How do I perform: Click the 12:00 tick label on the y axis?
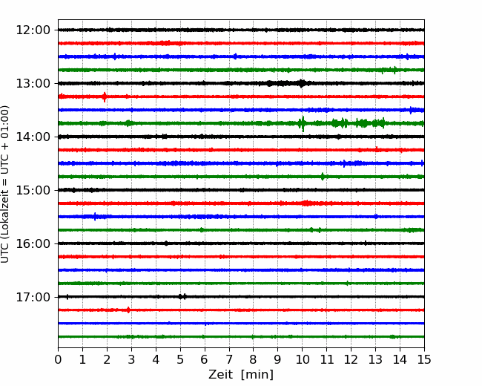(33, 30)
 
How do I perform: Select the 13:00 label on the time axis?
(33, 83)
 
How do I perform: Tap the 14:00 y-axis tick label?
(33, 137)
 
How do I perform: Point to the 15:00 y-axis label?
(33, 190)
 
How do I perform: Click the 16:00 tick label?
(33, 243)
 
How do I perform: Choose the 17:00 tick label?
(33, 297)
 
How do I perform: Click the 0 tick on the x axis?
(58, 359)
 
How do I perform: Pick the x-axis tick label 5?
(180, 359)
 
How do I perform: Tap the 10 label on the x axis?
(302, 359)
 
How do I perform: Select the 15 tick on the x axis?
(424, 359)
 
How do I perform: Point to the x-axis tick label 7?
(229, 359)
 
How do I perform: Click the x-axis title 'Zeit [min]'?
(241, 375)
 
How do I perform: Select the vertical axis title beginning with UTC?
(5, 184)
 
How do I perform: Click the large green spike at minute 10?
(303, 124)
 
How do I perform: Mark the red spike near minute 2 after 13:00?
(105, 96)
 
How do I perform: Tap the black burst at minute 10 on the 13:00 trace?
(301, 83)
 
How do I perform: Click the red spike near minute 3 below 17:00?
(128, 310)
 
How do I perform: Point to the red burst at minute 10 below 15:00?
(306, 203)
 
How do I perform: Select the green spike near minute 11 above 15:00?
(323, 177)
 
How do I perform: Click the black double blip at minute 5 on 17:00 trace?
(182, 297)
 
